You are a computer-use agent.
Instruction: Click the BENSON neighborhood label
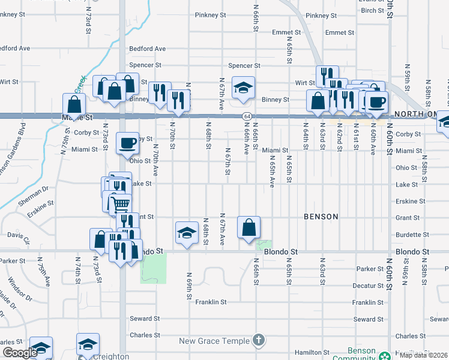[321, 216]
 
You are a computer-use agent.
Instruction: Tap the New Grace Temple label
[214, 341]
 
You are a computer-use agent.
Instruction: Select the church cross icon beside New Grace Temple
[258, 340]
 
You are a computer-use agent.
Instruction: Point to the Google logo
[19, 353]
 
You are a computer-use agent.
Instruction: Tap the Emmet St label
[286, 32]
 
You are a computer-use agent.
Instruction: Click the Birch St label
[372, 11]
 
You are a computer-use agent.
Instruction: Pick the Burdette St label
[412, 235]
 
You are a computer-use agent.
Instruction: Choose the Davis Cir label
[18, 238]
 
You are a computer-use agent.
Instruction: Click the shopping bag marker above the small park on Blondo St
[249, 228]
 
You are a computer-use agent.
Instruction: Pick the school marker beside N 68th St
[187, 233]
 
